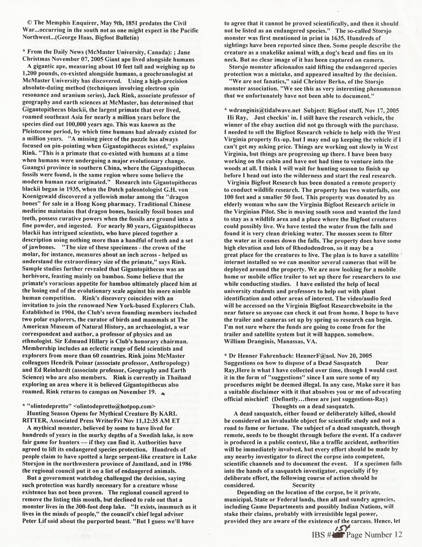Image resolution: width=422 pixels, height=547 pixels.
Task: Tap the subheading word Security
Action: [x=303, y=485]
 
